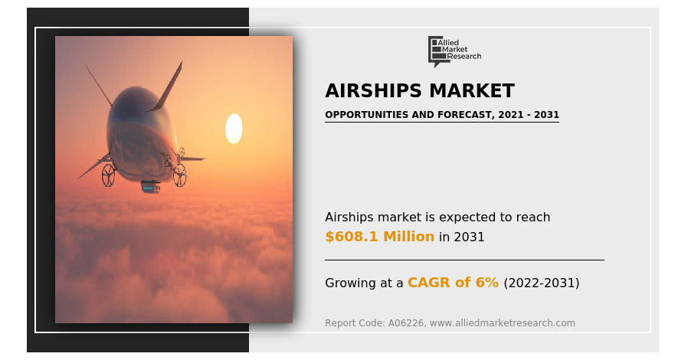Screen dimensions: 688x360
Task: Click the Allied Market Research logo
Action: [x=454, y=51]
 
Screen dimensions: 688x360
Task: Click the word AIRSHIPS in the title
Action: [x=373, y=91]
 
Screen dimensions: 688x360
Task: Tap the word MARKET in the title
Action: [x=472, y=91]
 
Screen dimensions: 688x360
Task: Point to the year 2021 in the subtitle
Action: [x=511, y=115]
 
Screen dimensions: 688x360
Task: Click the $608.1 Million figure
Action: [x=379, y=237]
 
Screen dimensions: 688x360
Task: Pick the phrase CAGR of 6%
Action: [x=453, y=283]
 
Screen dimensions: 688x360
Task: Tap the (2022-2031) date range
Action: [x=542, y=283]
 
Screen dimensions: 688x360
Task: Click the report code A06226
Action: [x=406, y=323]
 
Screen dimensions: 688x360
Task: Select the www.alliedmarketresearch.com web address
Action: [x=503, y=323]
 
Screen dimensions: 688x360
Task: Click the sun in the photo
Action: [x=234, y=129]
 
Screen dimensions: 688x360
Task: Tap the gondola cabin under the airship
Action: [x=150, y=187]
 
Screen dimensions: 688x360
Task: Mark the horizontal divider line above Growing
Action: [x=464, y=260]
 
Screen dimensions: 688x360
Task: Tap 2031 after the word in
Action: [x=469, y=237]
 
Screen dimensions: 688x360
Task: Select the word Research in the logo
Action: [x=464, y=56]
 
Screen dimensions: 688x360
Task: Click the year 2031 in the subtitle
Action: [x=547, y=115]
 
